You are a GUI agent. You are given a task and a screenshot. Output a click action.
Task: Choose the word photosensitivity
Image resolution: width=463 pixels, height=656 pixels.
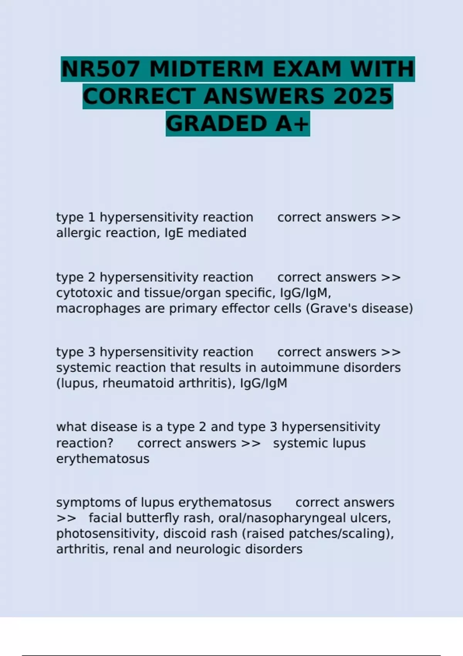[x=108, y=534]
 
